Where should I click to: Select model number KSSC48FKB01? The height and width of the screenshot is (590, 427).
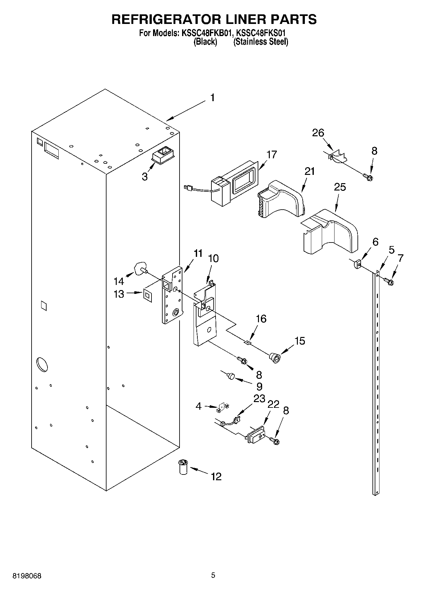tap(206, 33)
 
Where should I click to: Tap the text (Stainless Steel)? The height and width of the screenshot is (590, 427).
tap(261, 42)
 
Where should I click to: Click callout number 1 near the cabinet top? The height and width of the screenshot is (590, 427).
tap(212, 98)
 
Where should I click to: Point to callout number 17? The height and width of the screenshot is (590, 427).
tap(272, 154)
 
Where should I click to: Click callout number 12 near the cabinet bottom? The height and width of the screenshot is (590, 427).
tap(216, 476)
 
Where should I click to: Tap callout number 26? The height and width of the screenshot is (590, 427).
tap(318, 133)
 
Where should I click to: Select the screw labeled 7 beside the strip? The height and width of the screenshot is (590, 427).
tap(389, 281)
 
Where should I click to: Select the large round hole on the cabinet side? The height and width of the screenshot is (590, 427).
tap(42, 364)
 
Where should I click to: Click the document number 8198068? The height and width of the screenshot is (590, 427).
tap(27, 576)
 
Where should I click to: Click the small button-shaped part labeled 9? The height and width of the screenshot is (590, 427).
tap(231, 376)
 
